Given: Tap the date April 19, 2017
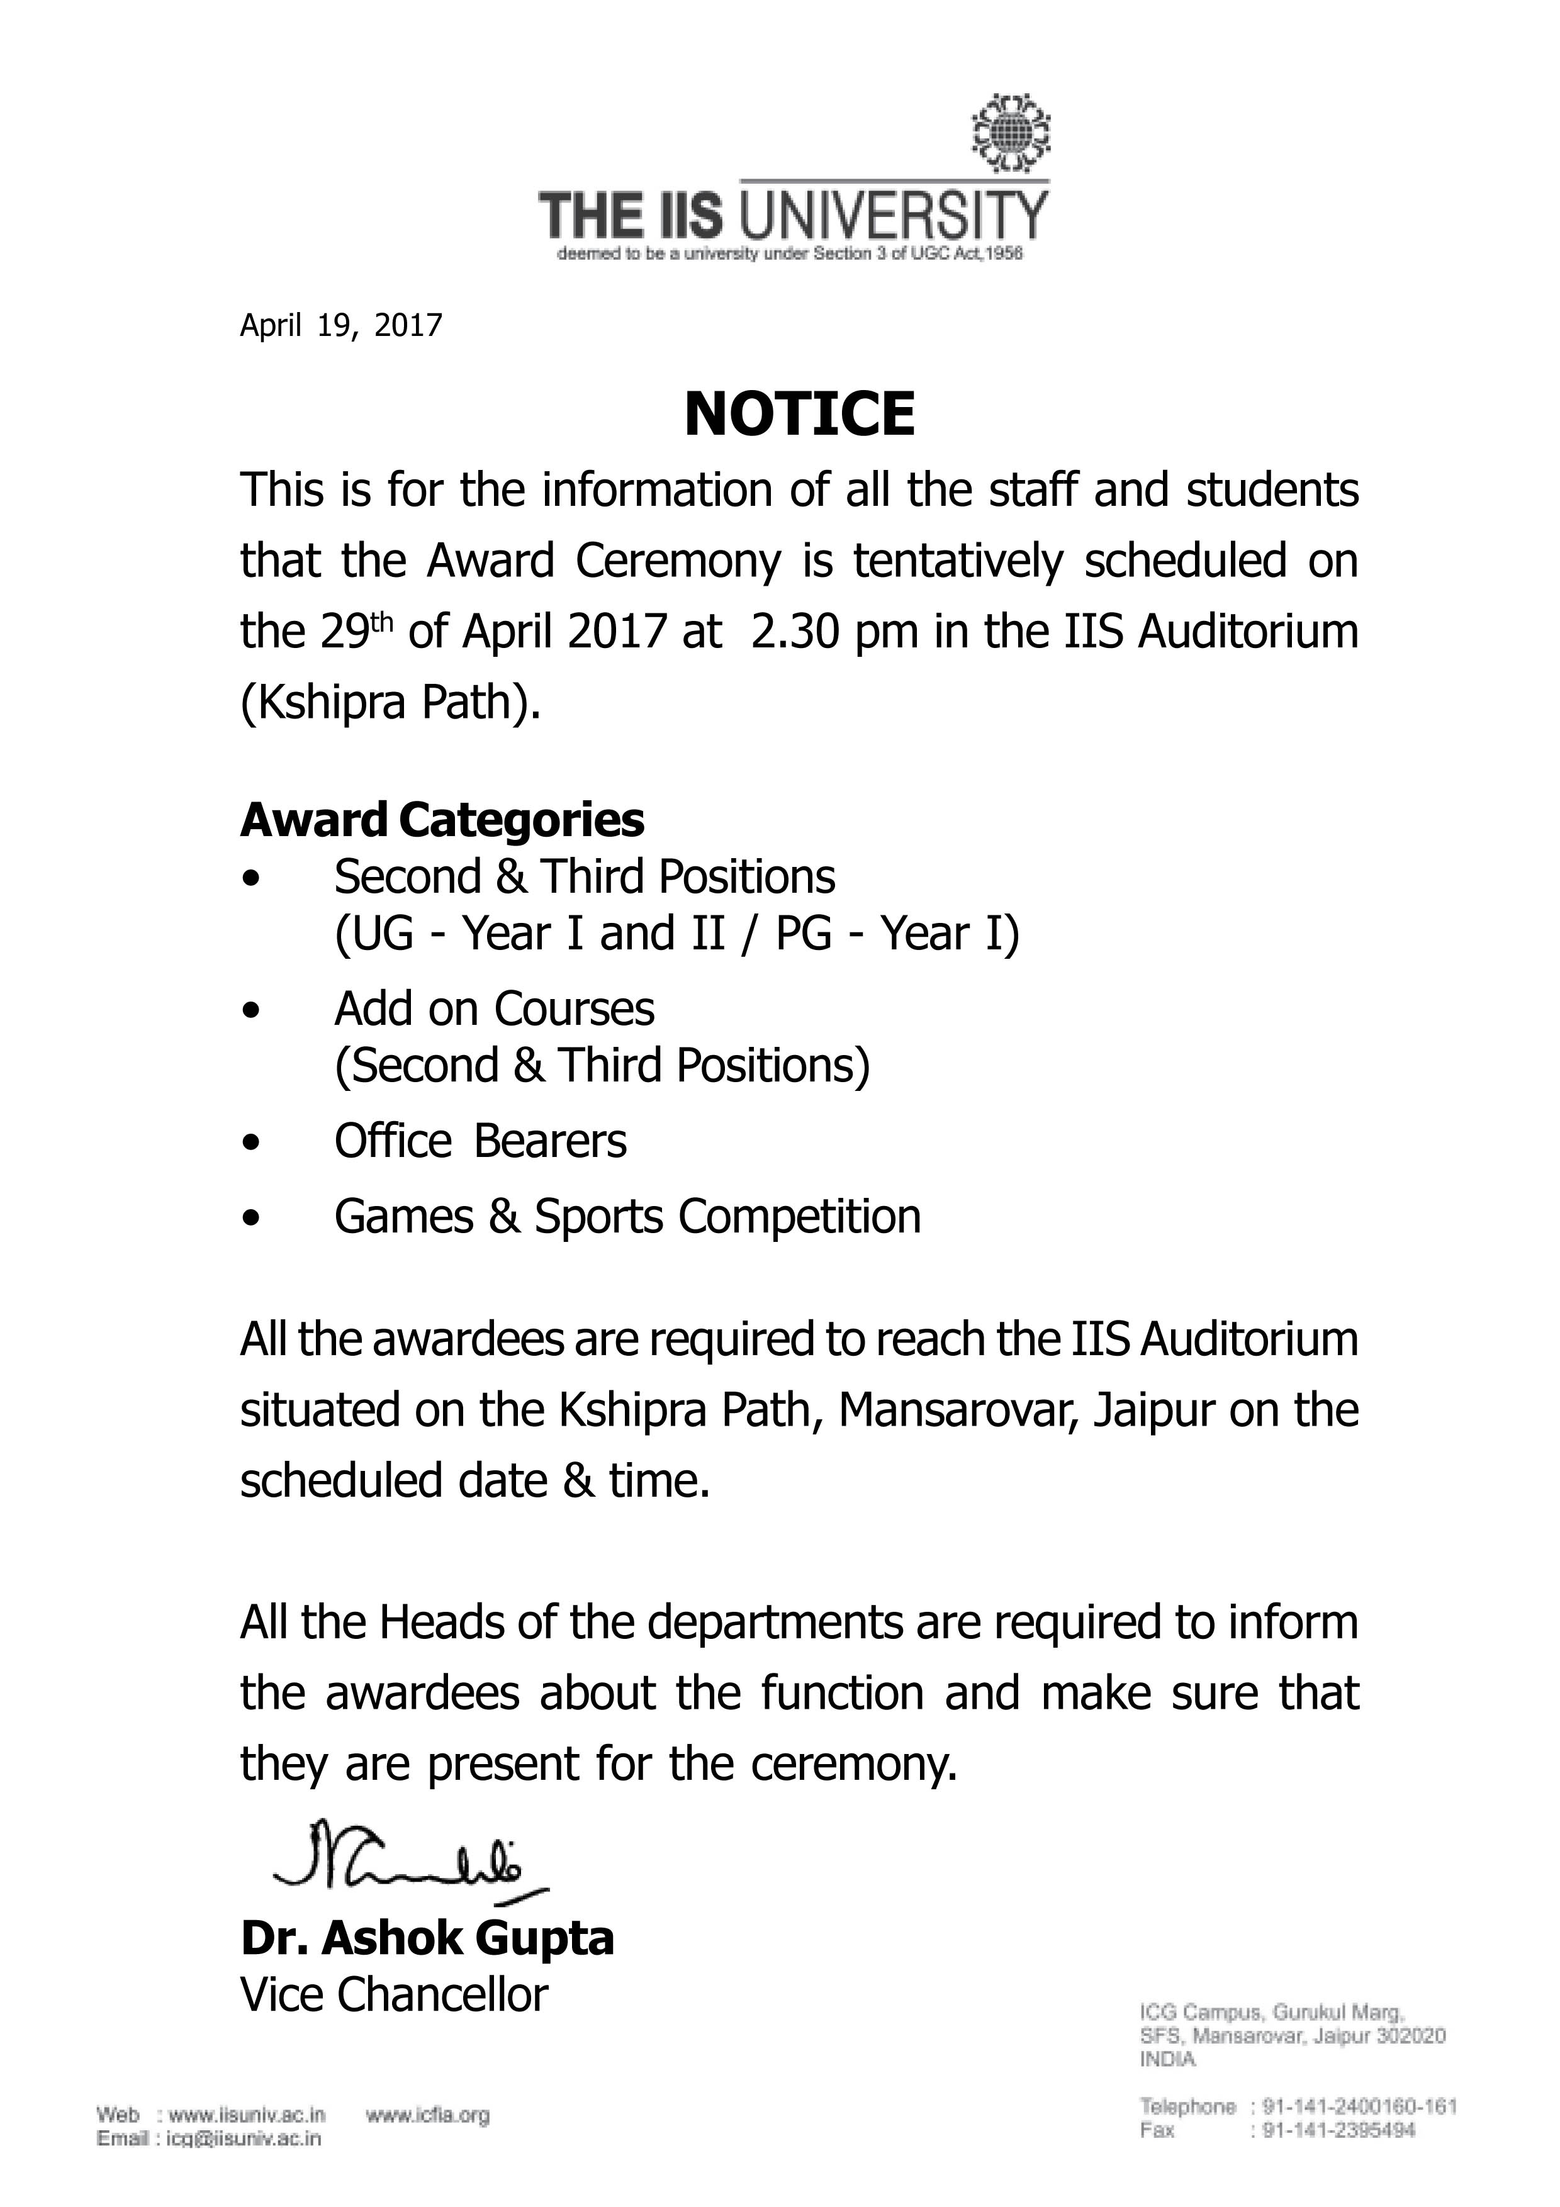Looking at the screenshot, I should click(x=340, y=327).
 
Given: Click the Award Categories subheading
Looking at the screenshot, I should click(x=442, y=820).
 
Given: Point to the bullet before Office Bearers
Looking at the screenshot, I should click(x=252, y=1144).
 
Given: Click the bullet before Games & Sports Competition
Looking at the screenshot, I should click(x=252, y=1219).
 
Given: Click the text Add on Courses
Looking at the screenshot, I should click(x=494, y=1009).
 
